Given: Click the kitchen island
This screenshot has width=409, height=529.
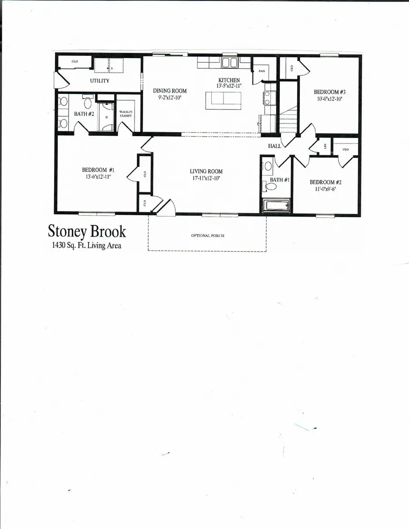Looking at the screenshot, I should click(223, 100).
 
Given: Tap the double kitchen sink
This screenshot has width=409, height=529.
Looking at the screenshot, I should click(229, 63).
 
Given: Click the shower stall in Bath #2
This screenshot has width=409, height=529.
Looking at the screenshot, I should click(107, 117).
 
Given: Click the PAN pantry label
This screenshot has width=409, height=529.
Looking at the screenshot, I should click(262, 71).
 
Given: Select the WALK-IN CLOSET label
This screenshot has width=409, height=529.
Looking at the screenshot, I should click(125, 114).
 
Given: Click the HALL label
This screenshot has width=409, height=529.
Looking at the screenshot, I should click(275, 146).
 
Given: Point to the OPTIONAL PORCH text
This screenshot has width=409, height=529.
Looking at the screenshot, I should click(207, 236).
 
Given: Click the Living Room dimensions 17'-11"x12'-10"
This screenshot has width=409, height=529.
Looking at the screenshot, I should click(206, 178).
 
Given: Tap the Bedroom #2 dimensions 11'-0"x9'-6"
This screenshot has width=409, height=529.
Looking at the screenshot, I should click(325, 189).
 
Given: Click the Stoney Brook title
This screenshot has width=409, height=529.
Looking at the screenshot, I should click(87, 231).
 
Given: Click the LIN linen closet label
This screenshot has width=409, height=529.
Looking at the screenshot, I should click(325, 146).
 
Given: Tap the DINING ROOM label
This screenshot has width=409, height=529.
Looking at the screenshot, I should click(170, 91).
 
